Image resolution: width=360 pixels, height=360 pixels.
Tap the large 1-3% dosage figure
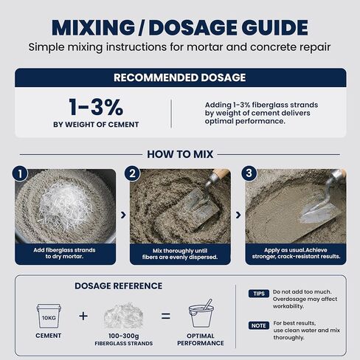[96, 107]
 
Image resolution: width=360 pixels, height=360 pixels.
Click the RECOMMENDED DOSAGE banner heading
[180, 77]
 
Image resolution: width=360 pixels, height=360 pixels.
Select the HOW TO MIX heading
[180, 154]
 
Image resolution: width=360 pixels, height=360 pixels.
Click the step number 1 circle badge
[20, 173]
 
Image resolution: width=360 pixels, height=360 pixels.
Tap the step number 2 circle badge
[132, 173]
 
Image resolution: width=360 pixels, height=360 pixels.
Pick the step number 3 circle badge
[249, 173]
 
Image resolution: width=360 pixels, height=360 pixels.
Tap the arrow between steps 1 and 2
[123, 215]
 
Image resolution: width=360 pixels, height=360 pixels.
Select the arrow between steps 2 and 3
[238, 215]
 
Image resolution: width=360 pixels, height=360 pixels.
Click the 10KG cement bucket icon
[49, 316]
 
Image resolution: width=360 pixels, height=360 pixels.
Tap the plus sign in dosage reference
[83, 316]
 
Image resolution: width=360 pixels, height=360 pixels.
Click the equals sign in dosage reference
[166, 316]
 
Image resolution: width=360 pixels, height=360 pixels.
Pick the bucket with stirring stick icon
[201, 314]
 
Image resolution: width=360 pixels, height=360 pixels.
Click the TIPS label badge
[259, 294]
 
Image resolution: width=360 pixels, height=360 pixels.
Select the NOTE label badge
[259, 325]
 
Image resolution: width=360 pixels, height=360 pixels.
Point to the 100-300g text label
[124, 336]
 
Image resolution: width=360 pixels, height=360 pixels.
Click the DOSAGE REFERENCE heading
[119, 286]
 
